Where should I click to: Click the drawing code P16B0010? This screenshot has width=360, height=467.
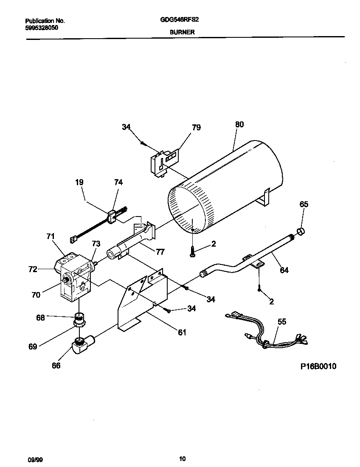click(318, 366)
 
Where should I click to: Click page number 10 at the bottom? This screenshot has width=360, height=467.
click(182, 459)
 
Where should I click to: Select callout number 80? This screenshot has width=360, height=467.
click(239, 124)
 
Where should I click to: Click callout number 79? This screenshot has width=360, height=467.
click(196, 127)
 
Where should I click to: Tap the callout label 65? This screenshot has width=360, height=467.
click(304, 204)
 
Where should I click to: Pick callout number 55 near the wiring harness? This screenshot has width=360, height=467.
click(281, 322)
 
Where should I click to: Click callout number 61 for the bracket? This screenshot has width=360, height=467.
click(182, 332)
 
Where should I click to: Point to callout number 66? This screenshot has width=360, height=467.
click(56, 366)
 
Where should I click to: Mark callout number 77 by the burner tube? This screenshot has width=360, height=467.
click(160, 252)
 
